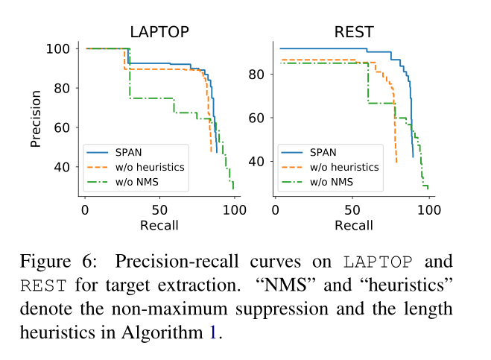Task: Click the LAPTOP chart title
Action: pos(159,32)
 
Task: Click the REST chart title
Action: pos(354,32)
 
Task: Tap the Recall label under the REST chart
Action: pos(354,224)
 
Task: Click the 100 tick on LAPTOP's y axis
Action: pos(63,49)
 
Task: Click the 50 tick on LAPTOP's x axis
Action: pos(159,209)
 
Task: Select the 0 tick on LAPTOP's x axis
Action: pos(85,209)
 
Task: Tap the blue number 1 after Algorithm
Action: pos(213,332)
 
